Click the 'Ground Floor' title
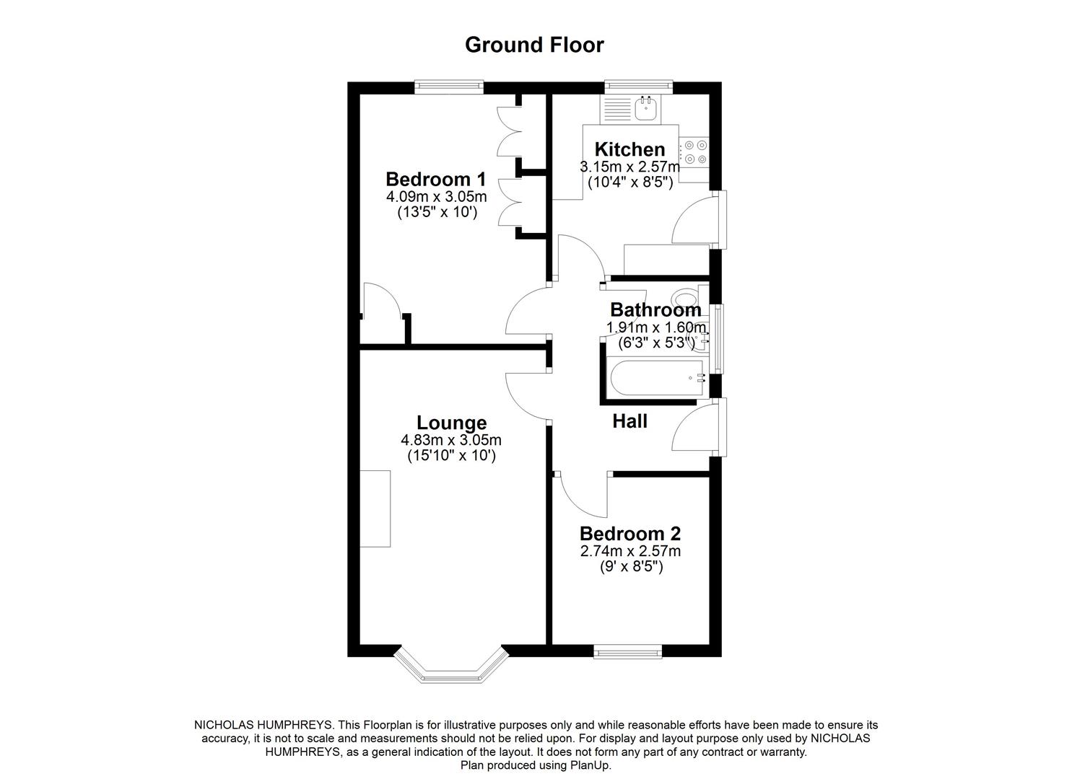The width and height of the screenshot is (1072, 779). tap(534, 45)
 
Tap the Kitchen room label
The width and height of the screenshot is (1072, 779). tap(629, 149)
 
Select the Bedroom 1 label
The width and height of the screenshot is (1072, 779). tap(435, 179)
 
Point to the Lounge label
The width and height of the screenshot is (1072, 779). tap(451, 423)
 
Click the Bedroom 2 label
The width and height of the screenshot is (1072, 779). tap(630, 534)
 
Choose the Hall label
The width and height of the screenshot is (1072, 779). tap(629, 421)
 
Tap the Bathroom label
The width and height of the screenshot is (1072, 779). tap(655, 310)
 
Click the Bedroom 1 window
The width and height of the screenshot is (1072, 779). tap(448, 87)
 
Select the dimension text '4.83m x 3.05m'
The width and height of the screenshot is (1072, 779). tap(451, 440)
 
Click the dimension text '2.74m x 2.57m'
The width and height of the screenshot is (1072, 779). tap(630, 551)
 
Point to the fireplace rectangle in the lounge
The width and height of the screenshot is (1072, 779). tap(375, 509)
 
